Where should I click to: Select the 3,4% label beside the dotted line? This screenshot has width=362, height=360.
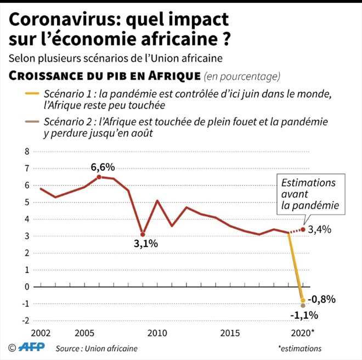point(320,229)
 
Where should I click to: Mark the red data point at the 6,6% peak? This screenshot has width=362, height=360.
point(99,177)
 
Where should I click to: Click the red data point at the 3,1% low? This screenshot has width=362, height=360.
point(143,234)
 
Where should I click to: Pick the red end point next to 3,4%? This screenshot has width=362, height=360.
point(303,229)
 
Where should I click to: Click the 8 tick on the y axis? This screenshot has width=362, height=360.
point(25,151)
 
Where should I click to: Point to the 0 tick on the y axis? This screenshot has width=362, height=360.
point(25,286)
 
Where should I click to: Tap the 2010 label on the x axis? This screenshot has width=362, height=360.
point(157,333)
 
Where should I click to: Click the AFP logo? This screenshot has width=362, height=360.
point(33,348)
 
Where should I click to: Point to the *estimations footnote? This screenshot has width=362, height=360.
point(300,348)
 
